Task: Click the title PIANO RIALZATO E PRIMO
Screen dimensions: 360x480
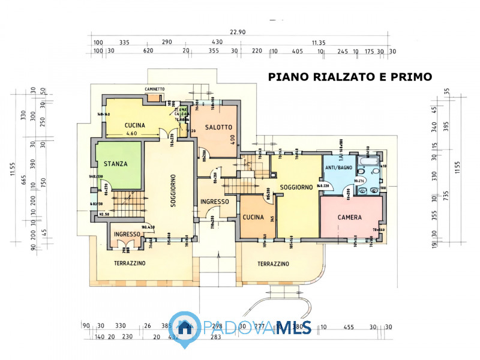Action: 350,77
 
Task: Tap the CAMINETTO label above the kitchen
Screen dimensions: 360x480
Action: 155,89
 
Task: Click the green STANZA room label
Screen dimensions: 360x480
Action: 115,163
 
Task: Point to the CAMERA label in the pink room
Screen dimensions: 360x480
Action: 349,217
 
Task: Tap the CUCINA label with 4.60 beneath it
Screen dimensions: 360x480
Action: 135,125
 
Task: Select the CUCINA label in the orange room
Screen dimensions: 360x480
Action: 253,217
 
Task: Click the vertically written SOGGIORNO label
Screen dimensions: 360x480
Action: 172,191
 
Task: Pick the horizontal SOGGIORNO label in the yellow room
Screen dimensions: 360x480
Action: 296,187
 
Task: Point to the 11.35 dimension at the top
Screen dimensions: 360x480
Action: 319,43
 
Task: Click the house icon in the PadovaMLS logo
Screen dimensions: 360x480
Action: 184,327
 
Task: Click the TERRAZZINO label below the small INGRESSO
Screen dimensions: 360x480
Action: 130,263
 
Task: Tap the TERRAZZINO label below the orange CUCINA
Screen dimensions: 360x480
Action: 274,264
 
